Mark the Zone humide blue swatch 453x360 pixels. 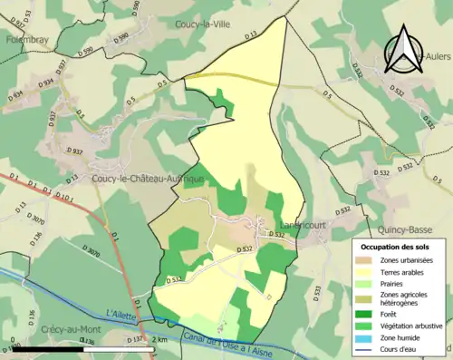[x=369, y=334]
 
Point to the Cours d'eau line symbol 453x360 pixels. [x=369, y=345]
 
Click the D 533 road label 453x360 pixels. [x=317, y=290]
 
